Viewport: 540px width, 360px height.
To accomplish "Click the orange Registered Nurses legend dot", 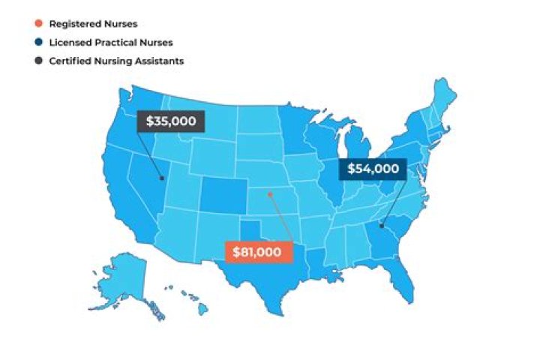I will [39, 25].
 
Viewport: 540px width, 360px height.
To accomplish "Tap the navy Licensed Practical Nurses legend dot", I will [39, 43].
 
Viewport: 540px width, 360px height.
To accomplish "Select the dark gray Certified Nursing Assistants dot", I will [39, 61].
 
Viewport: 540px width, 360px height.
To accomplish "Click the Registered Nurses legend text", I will [88, 25].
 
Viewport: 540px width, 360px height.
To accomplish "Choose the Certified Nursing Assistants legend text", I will [116, 61].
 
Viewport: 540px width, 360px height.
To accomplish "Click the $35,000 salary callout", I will [170, 121].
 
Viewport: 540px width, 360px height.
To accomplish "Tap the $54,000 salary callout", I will [372, 169].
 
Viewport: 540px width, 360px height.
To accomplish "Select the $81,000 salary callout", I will [257, 252].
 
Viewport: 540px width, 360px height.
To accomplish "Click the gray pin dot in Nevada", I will [161, 178].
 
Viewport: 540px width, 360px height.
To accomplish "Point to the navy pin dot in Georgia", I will [381, 225].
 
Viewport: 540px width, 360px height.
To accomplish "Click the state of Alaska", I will [120, 281].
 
